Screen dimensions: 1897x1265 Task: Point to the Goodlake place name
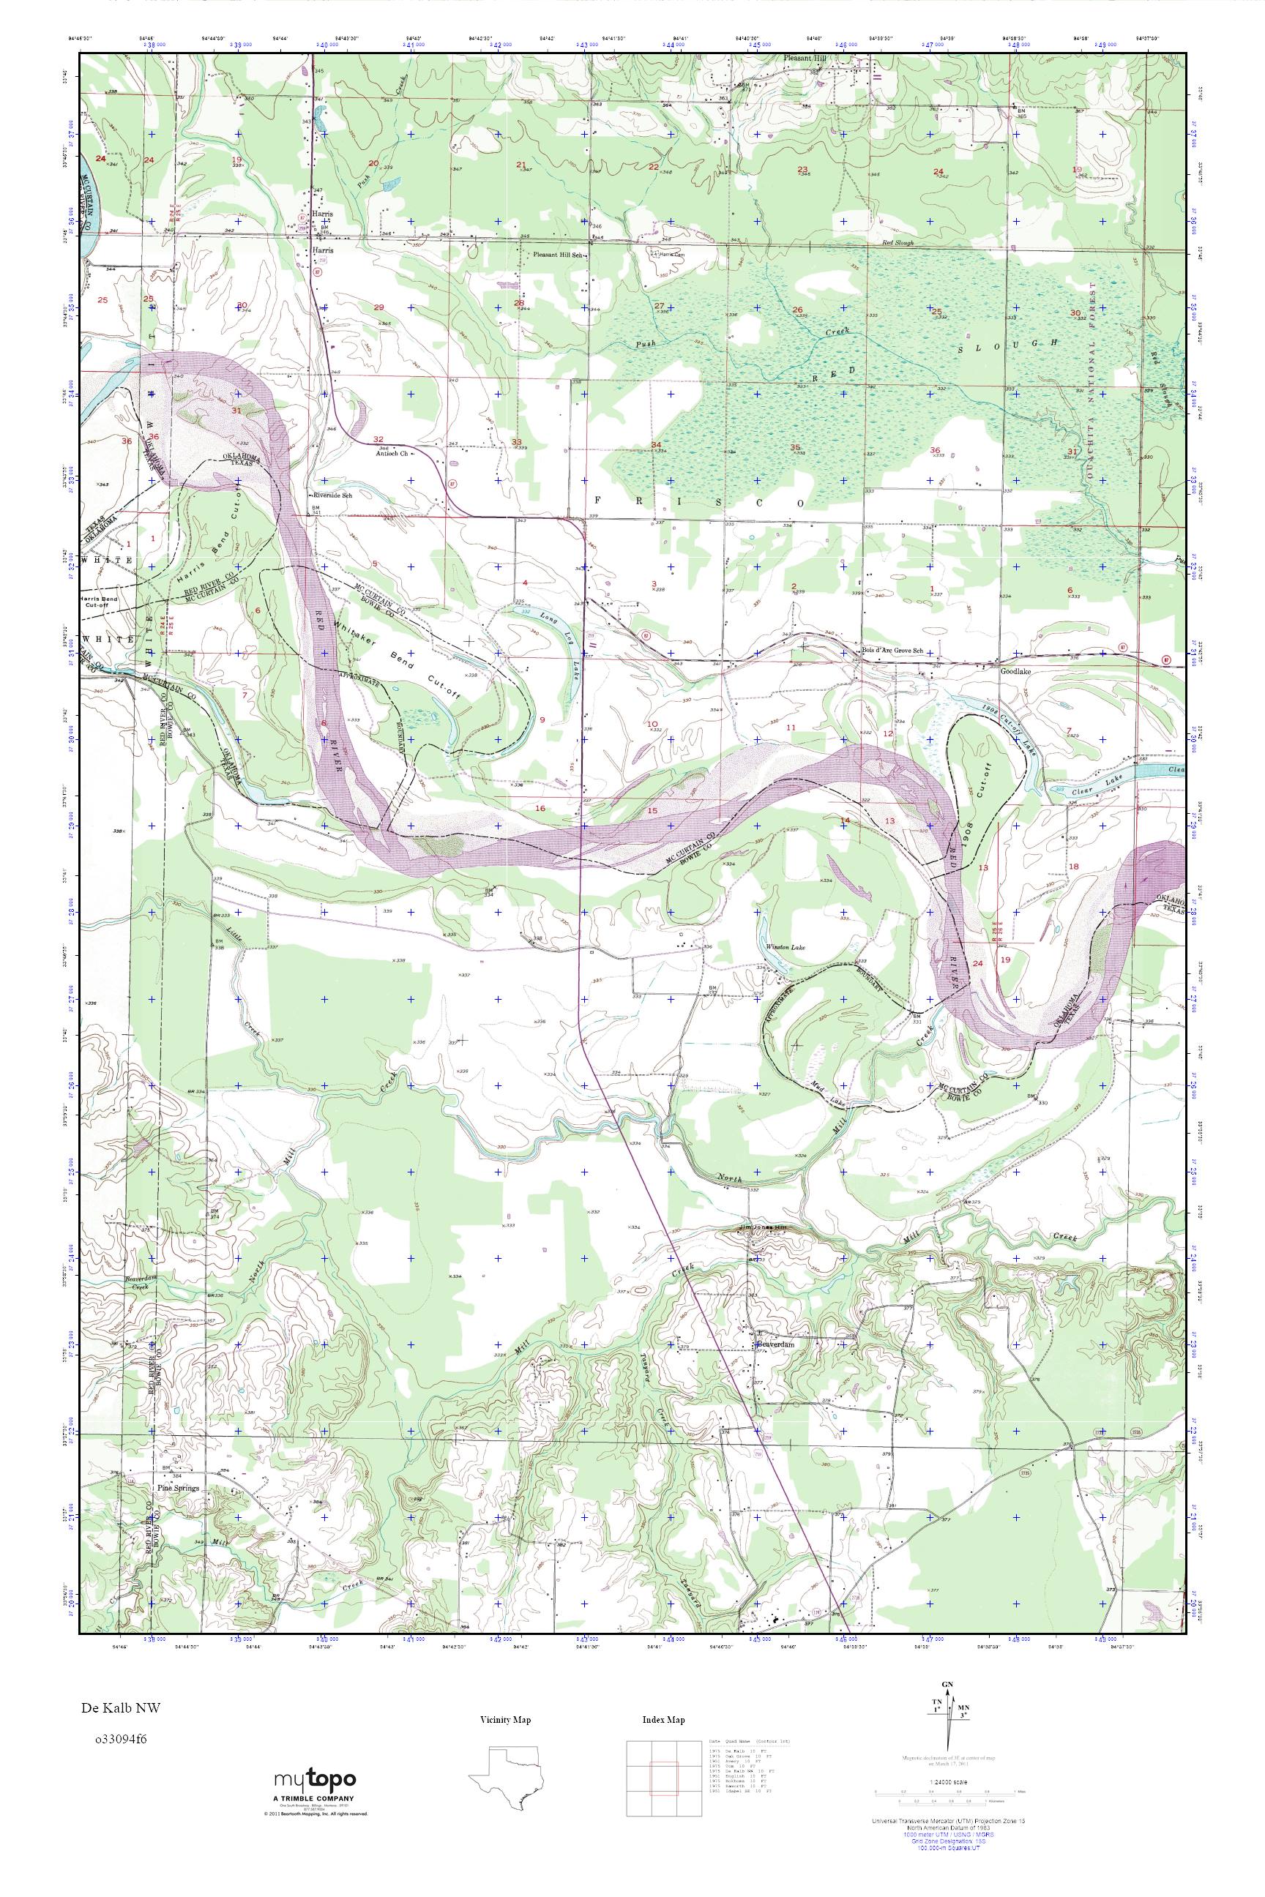click(x=1015, y=670)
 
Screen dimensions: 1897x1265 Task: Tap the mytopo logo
click(x=315, y=1786)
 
